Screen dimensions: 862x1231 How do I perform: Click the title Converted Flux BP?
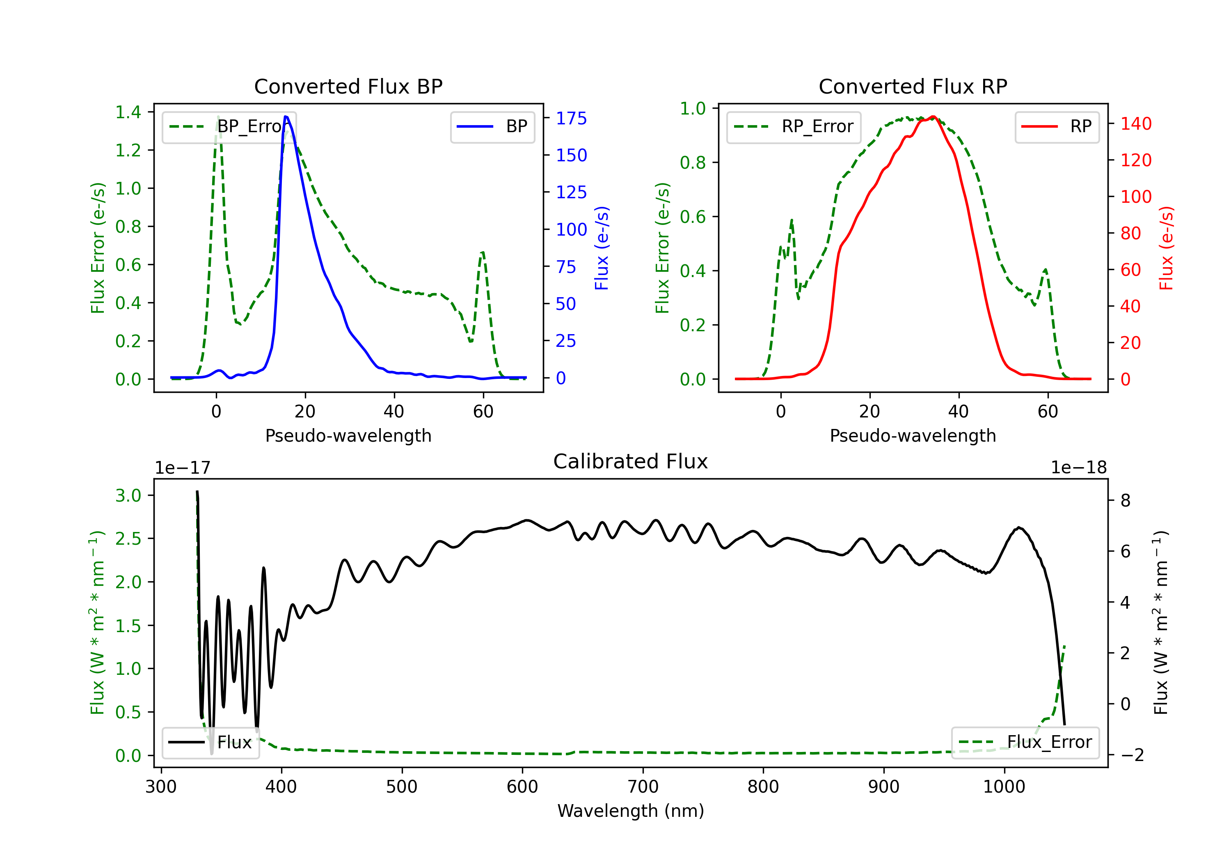tap(348, 86)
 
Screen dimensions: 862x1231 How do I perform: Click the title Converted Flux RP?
tap(913, 86)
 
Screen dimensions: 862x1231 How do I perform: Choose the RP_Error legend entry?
tap(794, 126)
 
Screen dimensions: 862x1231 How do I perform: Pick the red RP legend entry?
tap(1057, 126)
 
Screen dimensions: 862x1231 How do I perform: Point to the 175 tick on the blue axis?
tap(571, 119)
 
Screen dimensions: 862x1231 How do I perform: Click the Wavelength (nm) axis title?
tap(631, 811)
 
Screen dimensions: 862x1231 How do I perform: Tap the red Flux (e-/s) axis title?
tap(1166, 248)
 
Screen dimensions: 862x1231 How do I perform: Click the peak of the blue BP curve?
tap(286, 117)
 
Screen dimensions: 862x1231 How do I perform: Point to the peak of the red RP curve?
tap(933, 117)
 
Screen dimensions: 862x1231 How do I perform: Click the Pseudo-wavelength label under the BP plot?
tap(348, 436)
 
